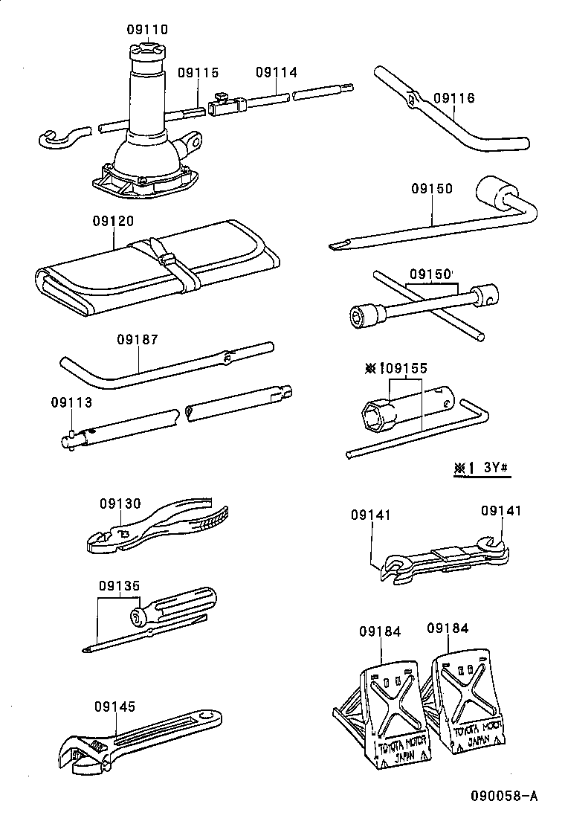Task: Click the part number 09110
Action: click(x=147, y=30)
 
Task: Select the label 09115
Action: click(x=198, y=73)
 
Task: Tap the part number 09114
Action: click(x=276, y=73)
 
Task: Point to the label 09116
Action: click(x=453, y=98)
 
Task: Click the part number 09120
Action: click(x=114, y=222)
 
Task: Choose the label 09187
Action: click(x=137, y=340)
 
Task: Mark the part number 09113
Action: click(x=71, y=402)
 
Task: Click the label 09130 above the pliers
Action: click(x=120, y=503)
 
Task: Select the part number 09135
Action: click(x=119, y=585)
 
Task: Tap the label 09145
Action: click(x=115, y=707)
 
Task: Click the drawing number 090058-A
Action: click(x=503, y=797)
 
